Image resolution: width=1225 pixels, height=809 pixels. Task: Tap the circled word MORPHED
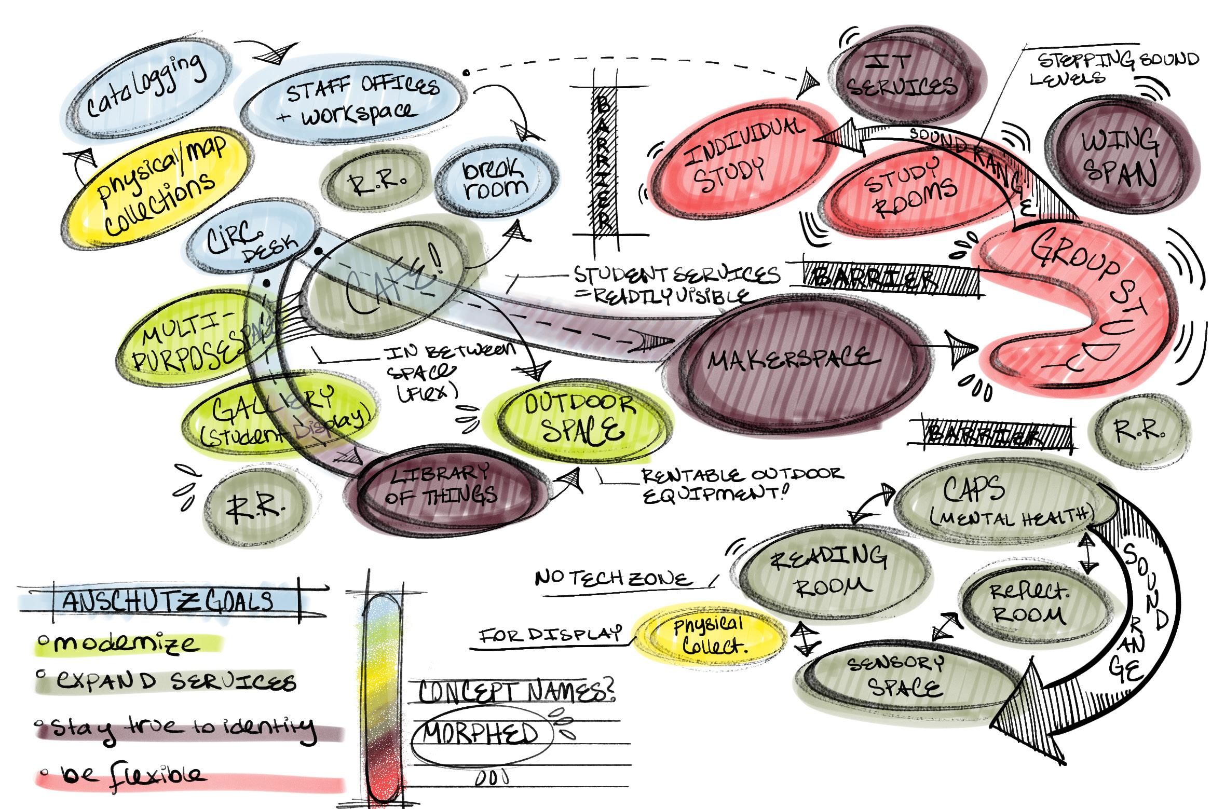coord(480,735)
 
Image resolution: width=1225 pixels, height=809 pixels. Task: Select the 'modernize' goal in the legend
coord(125,644)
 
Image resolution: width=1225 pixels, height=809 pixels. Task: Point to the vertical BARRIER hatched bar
coord(605,161)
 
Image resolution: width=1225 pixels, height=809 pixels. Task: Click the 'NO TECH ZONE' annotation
coord(612,579)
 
